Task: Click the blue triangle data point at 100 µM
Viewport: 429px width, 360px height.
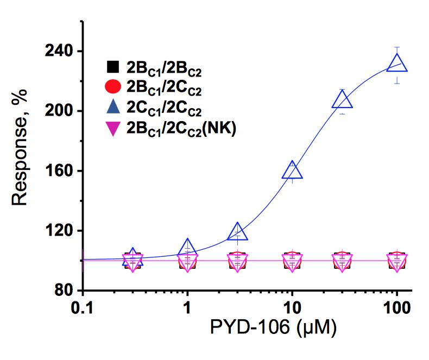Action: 397,65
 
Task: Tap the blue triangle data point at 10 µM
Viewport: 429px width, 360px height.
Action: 292,171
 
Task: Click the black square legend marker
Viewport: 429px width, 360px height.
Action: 112,68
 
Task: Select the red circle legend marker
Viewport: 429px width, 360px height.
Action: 112,86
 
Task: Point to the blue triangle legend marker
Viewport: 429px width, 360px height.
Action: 112,108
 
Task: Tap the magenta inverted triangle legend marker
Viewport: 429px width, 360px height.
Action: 112,129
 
